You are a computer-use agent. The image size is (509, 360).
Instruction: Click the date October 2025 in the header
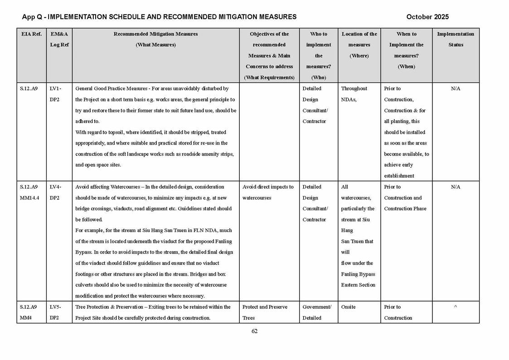point(427,17)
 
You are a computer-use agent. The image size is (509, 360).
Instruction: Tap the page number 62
point(254,331)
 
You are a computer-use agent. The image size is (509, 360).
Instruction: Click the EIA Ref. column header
point(31,34)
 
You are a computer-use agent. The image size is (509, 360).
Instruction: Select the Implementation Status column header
point(456,39)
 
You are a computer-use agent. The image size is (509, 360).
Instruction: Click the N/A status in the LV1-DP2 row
point(456,89)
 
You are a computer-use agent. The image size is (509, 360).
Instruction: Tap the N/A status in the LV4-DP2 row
point(456,187)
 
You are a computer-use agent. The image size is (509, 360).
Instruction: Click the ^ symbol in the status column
point(456,307)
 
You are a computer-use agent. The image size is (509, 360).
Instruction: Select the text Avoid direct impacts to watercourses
point(268,192)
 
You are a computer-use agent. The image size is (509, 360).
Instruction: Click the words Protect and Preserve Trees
point(265,312)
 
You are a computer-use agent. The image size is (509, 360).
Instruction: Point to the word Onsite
point(349,307)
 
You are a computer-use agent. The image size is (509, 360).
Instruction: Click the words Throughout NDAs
point(354,94)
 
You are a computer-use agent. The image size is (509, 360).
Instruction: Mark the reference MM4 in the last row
point(27,318)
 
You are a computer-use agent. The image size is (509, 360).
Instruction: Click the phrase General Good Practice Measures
point(111,89)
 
